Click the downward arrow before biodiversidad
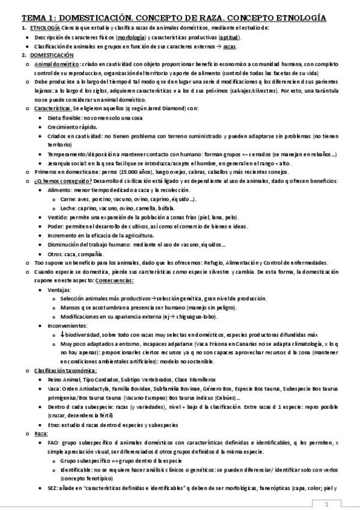click(x=63, y=334)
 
